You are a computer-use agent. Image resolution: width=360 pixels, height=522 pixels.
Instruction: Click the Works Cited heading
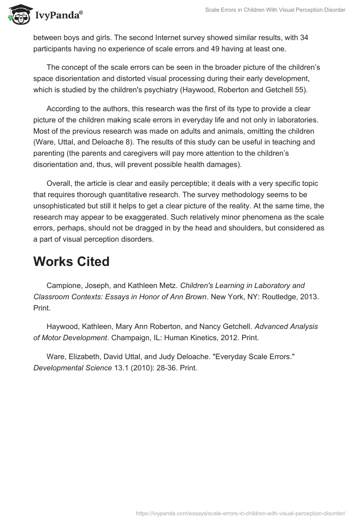point(71,262)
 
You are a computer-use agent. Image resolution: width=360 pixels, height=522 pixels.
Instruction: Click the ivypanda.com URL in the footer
point(241,513)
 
